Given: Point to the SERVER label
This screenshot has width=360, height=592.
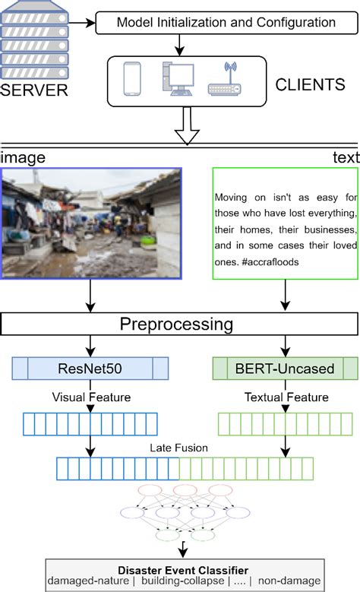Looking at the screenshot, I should [33, 91].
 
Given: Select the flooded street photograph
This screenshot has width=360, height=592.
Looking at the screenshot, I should [91, 223].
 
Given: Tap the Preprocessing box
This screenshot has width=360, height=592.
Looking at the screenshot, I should [180, 325].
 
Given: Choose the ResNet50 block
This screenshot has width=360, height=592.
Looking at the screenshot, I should [90, 369].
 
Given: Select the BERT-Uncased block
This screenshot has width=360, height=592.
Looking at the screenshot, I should [285, 369].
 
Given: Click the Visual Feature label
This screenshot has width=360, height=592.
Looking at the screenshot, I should [90, 397].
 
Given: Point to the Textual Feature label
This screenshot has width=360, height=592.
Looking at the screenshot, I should [286, 397].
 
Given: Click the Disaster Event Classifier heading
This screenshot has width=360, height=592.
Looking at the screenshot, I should [182, 568].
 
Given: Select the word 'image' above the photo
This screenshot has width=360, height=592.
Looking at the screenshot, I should [23, 157].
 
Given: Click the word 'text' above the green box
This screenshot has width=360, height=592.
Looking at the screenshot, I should [345, 157].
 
